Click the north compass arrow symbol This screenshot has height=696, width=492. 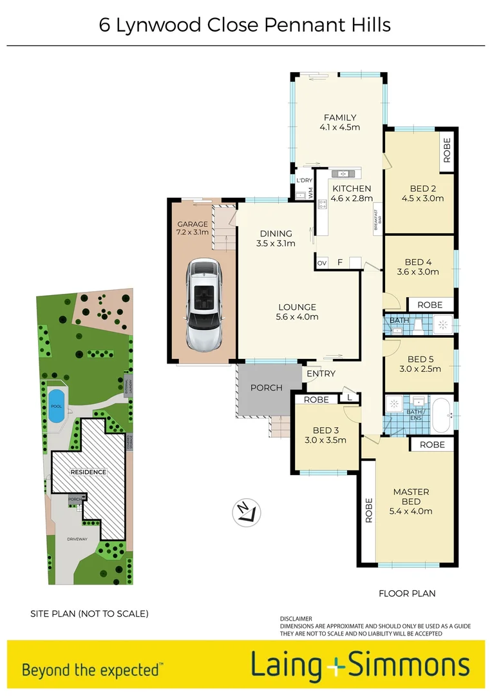247,512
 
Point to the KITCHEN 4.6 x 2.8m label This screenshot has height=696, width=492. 352,193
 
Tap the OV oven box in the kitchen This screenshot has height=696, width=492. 321,263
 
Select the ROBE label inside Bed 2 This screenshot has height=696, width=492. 447,151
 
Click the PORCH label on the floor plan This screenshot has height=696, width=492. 267,388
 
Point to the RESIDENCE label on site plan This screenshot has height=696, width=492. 88,472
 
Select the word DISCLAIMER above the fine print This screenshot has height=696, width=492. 296,619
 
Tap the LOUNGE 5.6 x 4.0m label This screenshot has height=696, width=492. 298,312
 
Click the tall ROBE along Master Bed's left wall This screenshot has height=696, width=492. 369,512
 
